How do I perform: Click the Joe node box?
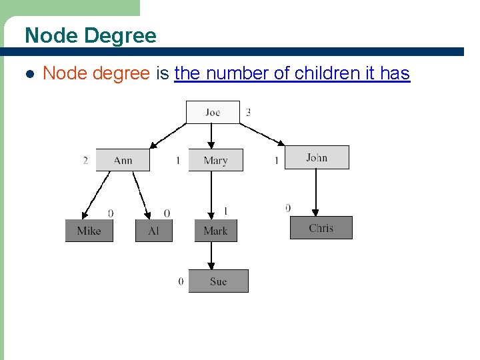213,112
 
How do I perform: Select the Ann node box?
123,160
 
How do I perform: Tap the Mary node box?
215,160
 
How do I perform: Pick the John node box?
317,157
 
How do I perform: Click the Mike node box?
89,231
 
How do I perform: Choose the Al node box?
154,231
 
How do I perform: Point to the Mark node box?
215,231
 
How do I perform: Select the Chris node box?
321,228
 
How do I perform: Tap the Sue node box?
218,281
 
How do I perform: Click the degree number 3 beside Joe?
249,112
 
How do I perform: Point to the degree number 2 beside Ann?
85,161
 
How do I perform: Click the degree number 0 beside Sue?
181,281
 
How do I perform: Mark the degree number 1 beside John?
276,161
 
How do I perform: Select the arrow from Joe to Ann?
169,135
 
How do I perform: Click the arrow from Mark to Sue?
211,255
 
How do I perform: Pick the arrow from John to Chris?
316,193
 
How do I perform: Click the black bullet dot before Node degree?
29,74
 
